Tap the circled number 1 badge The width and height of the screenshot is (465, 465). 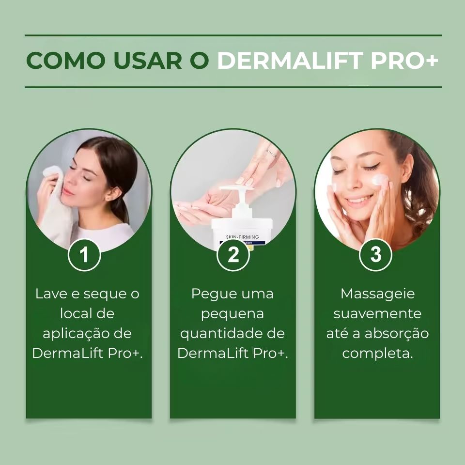click(x=84, y=254)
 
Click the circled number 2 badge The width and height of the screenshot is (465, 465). click(x=233, y=254)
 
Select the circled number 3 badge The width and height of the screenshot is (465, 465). click(x=376, y=254)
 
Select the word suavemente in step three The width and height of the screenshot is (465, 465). click(x=377, y=314)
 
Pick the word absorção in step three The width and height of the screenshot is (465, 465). click(x=397, y=334)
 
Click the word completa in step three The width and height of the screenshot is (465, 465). click(x=377, y=354)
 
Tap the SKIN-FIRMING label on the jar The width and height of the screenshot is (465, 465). click(x=242, y=237)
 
